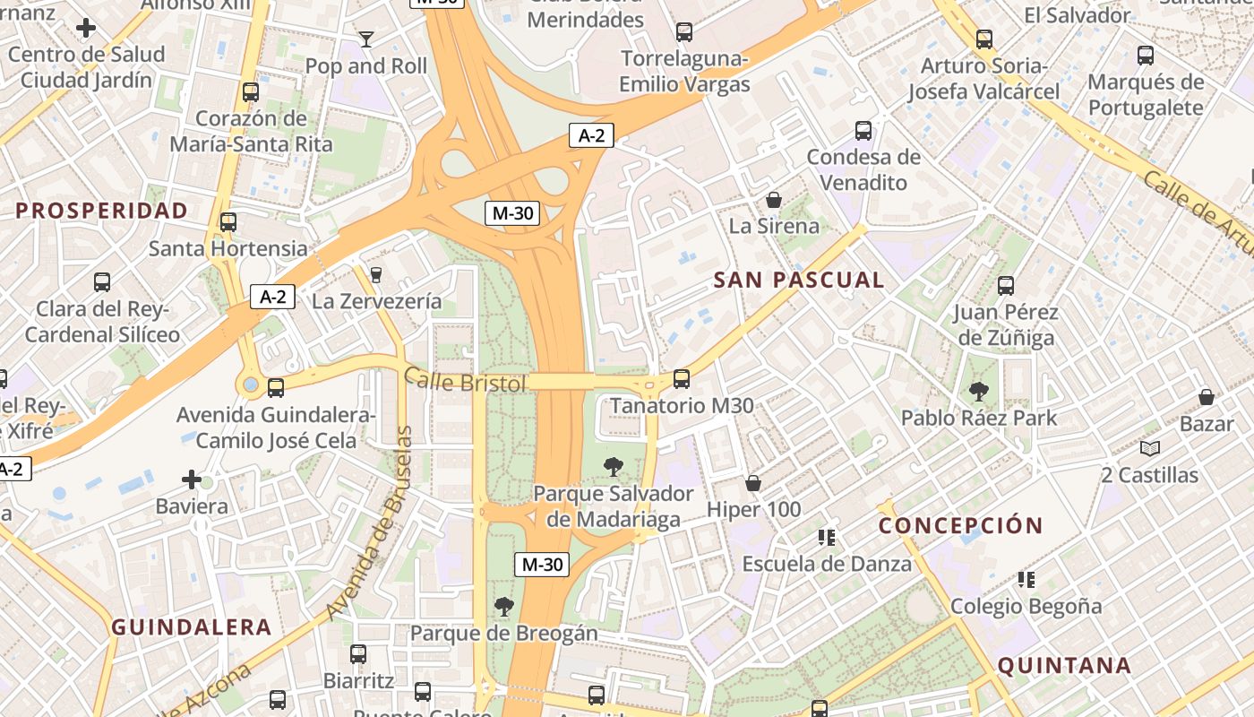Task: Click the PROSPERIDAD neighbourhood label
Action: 102,211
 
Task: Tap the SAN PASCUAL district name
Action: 799,280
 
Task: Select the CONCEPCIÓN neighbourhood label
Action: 961,525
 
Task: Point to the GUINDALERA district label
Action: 191,626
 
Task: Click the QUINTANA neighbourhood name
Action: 1064,665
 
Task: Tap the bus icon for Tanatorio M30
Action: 682,379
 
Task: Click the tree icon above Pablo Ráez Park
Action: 978,391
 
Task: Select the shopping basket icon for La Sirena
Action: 773,199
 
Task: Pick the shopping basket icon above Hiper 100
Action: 753,483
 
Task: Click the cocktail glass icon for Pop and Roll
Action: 365,39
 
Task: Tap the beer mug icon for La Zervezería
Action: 376,274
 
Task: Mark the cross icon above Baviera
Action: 192,479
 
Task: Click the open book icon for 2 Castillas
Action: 1149,448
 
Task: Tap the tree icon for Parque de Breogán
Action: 503,607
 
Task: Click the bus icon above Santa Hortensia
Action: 228,221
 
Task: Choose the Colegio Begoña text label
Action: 1026,606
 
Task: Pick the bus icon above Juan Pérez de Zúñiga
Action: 1006,286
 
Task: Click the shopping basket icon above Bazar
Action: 1207,396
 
